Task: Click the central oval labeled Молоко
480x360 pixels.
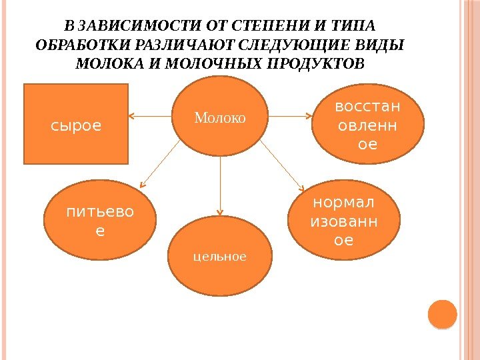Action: tap(220, 117)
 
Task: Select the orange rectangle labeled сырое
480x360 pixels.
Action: tap(76, 124)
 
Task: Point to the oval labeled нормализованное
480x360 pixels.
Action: tap(343, 219)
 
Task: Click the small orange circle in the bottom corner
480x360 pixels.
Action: tap(441, 314)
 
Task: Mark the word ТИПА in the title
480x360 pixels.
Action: tap(356, 26)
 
